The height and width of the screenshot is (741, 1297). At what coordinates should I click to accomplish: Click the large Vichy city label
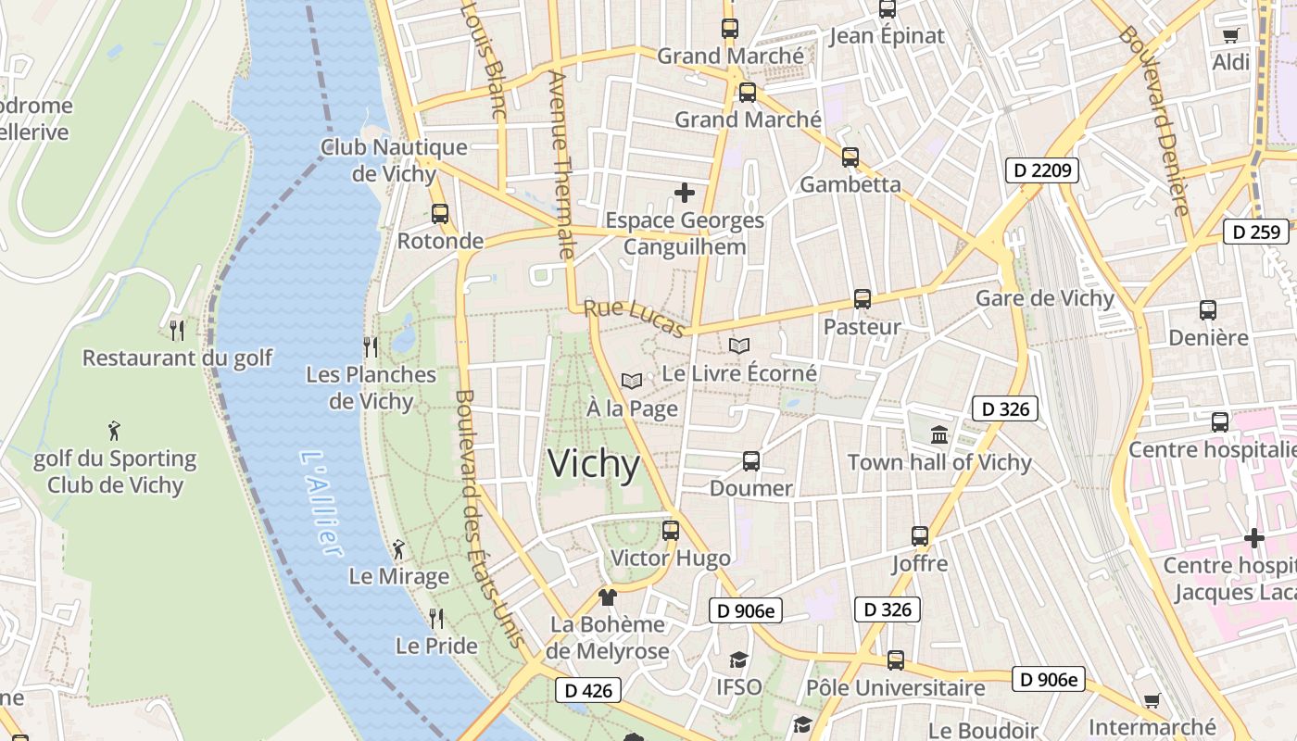(x=594, y=463)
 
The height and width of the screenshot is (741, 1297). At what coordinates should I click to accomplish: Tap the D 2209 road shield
(x=1042, y=170)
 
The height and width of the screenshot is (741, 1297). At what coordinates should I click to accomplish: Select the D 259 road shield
(x=1256, y=232)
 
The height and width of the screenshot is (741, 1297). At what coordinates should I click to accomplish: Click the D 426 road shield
(x=588, y=690)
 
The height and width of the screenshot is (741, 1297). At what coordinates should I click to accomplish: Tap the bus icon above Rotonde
(x=440, y=214)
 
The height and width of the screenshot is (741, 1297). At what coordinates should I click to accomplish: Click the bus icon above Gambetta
(x=850, y=157)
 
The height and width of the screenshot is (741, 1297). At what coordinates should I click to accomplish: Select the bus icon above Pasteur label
(x=863, y=299)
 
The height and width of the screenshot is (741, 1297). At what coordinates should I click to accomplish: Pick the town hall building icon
(x=939, y=434)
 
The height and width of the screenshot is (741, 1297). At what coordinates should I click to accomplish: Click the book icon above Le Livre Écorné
(x=738, y=346)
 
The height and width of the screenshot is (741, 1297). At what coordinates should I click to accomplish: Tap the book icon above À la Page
(x=632, y=381)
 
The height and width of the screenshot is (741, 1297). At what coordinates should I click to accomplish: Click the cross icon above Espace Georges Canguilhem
(x=685, y=193)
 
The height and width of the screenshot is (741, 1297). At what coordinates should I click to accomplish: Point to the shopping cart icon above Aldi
(x=1230, y=35)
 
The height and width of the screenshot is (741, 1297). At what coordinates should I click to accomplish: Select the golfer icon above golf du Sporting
(x=114, y=431)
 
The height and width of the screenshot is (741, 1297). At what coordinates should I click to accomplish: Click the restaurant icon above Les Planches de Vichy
(x=371, y=347)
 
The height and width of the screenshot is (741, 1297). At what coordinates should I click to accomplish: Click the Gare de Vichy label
(x=1044, y=298)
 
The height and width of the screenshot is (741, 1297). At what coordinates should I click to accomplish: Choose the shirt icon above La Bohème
(x=608, y=597)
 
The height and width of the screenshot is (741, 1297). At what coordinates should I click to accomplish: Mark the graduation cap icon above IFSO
(x=738, y=659)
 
